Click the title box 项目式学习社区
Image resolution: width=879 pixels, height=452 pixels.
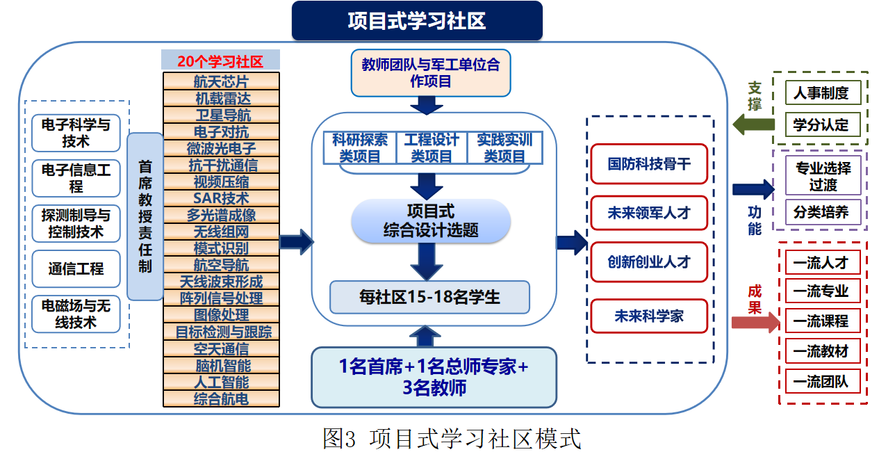point(416,21)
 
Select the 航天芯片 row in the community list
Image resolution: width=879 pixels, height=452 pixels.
point(221,81)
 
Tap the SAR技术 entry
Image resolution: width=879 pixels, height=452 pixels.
point(221,198)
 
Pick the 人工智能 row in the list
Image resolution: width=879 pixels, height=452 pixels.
point(221,382)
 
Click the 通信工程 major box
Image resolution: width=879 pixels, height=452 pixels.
point(76,268)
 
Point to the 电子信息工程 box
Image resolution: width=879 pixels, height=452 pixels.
point(76,177)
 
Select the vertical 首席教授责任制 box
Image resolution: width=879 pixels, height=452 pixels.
point(145,216)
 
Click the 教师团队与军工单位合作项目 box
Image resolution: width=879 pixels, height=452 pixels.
point(430,73)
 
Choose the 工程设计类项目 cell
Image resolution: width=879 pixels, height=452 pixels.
point(431,147)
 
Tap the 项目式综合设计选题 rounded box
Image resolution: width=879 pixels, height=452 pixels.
point(431,220)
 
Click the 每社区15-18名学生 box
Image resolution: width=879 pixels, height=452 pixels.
point(429,297)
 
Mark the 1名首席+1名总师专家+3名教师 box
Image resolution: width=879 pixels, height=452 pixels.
point(434,377)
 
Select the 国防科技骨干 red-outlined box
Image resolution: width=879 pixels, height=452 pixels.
point(648,163)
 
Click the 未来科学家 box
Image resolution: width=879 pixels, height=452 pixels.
point(648,316)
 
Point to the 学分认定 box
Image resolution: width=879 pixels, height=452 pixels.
point(821,125)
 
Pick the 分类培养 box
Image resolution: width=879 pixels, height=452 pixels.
point(821,212)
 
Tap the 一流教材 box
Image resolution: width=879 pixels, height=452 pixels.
point(821,351)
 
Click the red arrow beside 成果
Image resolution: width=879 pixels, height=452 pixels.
point(755,322)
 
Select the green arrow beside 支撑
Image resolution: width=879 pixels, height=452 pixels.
point(755,125)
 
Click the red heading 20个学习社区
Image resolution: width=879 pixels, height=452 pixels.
point(220,61)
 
